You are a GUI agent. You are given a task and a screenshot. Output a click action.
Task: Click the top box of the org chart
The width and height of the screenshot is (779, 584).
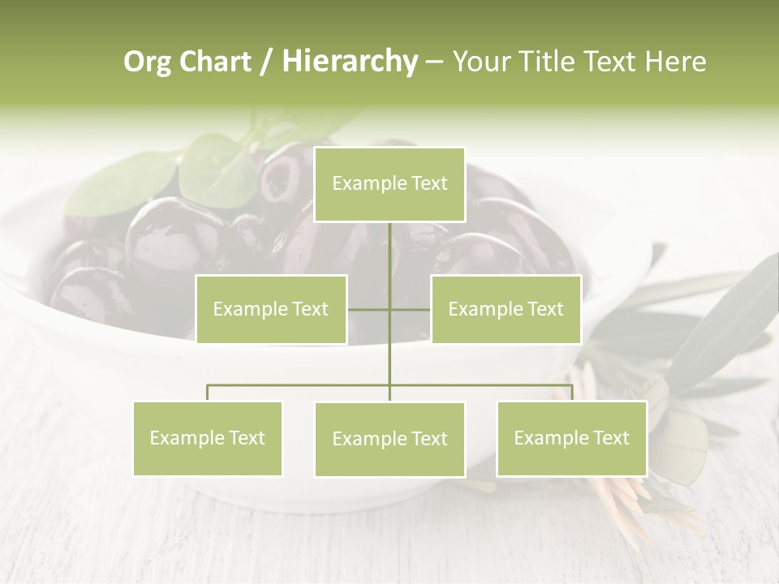pyautogui.click(x=389, y=184)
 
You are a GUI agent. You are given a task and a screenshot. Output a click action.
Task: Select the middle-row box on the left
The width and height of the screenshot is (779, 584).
pyautogui.click(x=271, y=309)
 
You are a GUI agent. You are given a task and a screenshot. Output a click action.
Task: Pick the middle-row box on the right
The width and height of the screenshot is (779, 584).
pyautogui.click(x=506, y=309)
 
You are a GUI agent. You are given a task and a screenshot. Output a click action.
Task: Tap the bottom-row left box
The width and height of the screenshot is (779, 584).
pyautogui.click(x=208, y=438)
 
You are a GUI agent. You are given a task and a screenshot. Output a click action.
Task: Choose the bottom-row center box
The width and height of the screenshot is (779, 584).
pyautogui.click(x=389, y=439)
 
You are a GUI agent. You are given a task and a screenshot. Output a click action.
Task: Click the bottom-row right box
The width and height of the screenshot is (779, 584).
pyautogui.click(x=571, y=438)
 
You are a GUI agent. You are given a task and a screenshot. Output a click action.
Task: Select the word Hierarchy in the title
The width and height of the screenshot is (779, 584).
pyautogui.click(x=350, y=62)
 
